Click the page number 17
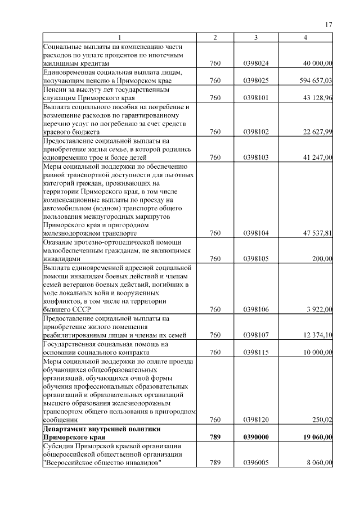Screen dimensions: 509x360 [x=330, y=24]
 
